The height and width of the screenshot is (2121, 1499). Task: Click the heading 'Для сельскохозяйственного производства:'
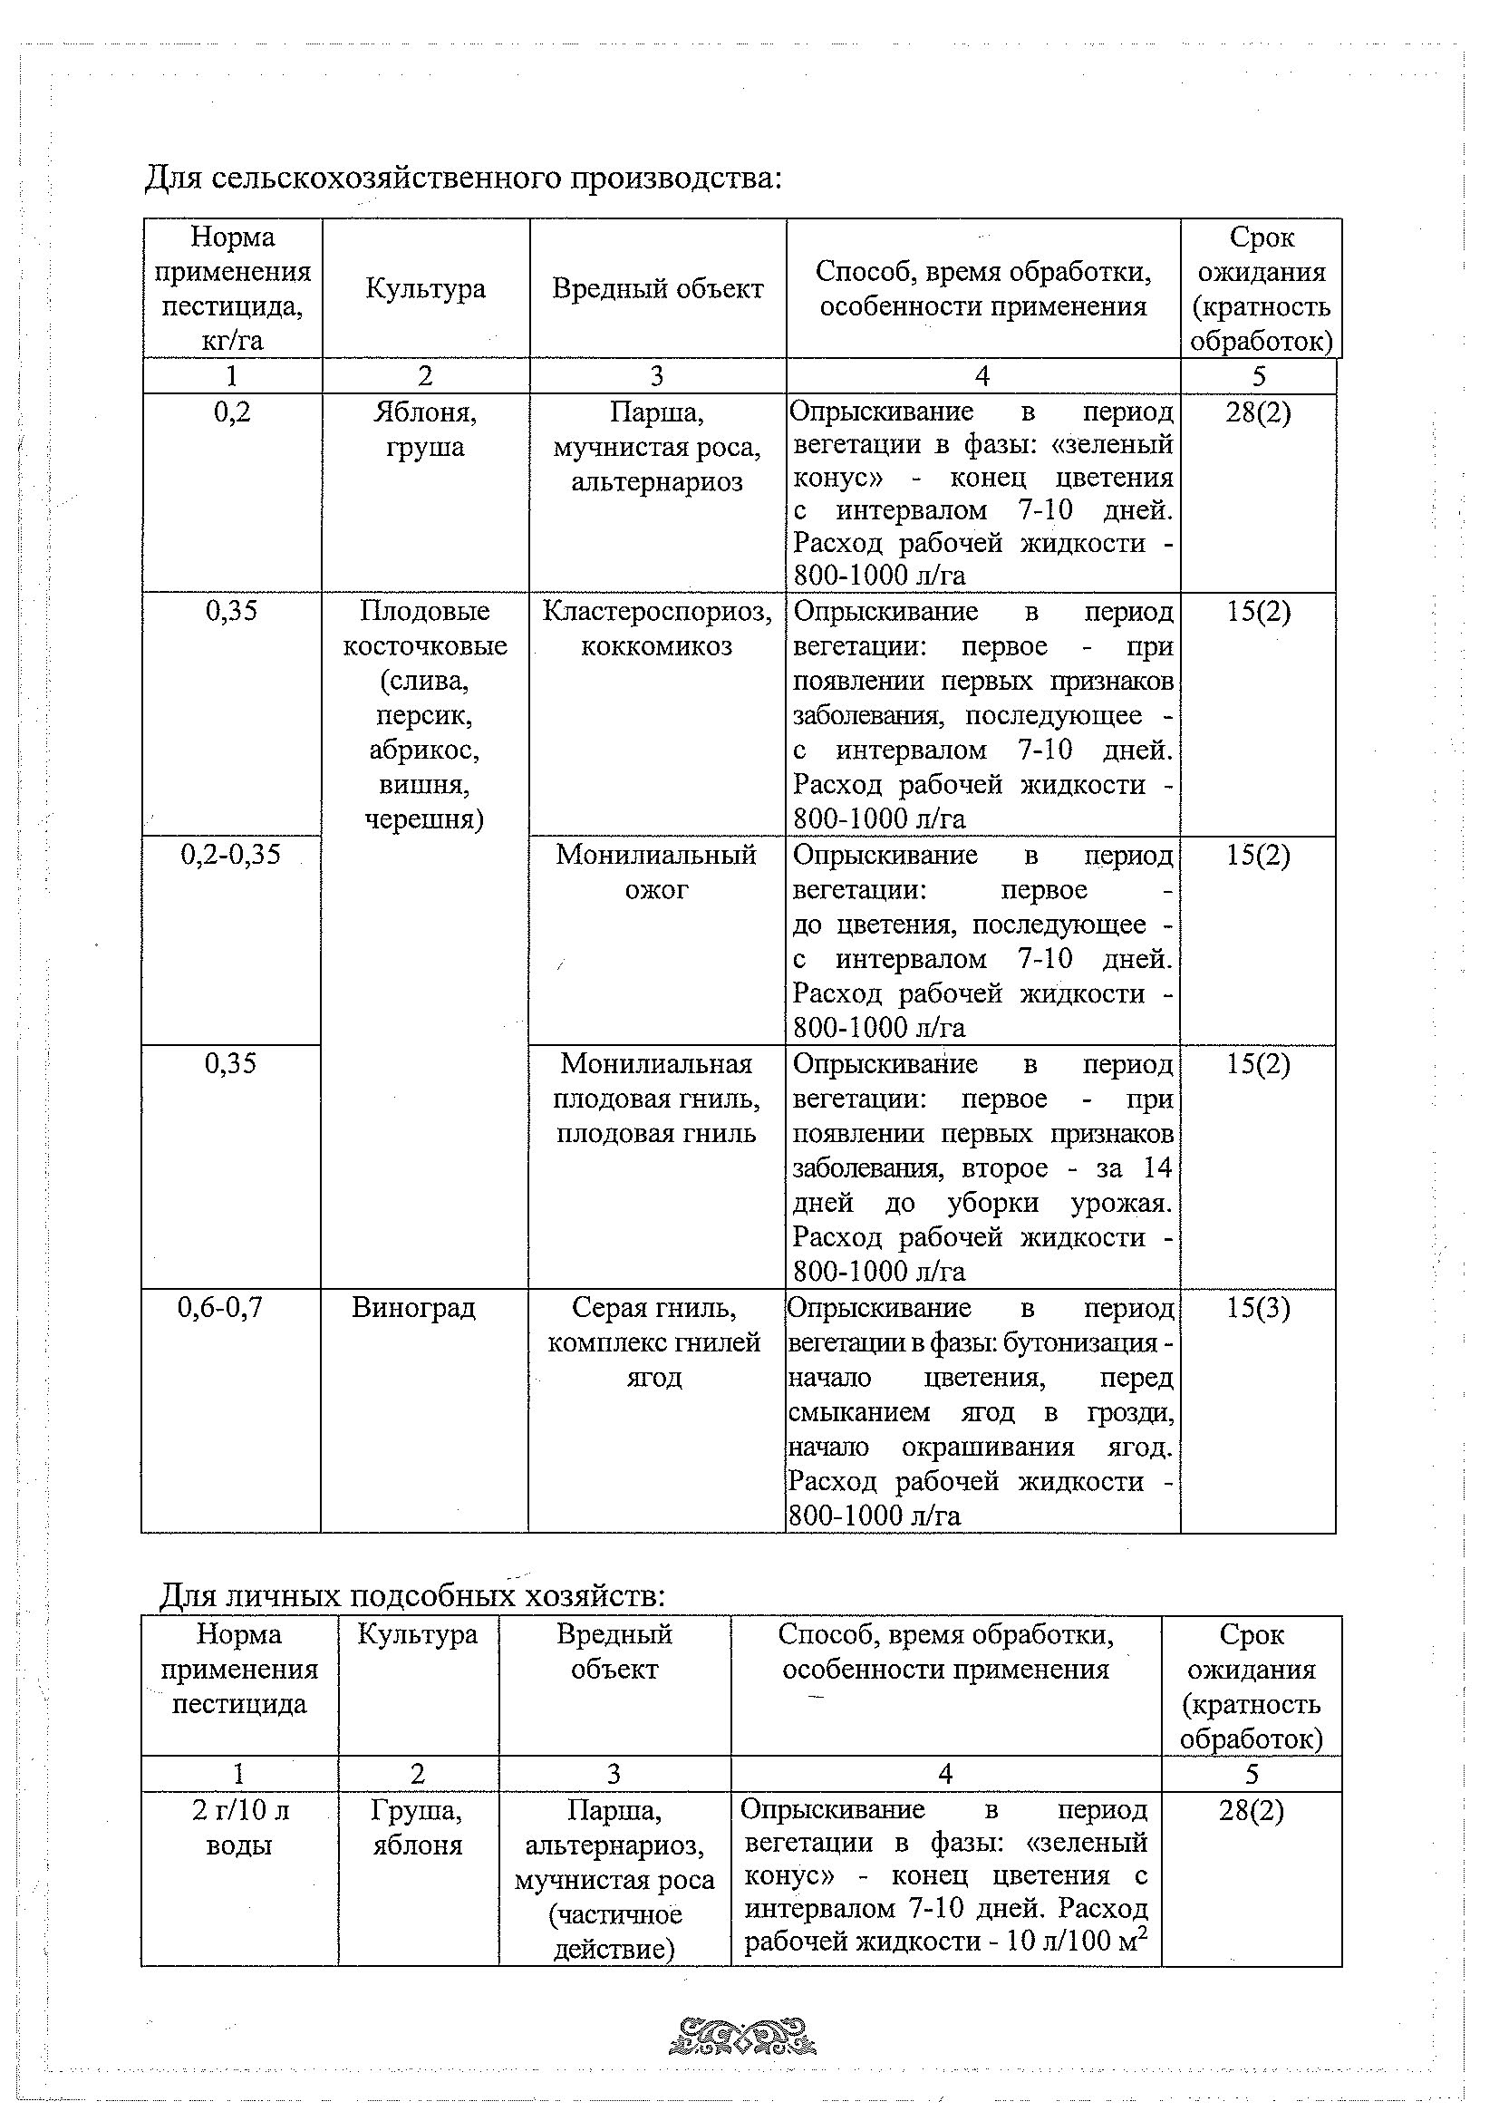coord(463,177)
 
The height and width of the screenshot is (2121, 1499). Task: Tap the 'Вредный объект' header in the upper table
coord(658,289)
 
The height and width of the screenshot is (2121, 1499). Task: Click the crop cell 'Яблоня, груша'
coord(425,430)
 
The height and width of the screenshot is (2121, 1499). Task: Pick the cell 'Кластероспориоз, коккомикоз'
coord(657,628)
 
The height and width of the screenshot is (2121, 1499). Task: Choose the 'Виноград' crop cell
coord(414,1307)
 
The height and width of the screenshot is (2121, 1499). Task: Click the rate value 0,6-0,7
coord(220,1307)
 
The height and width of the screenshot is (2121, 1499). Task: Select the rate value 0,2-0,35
coord(230,854)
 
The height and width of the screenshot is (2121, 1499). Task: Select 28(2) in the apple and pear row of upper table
coord(1258,412)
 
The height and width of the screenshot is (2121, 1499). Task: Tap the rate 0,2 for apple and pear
coord(232,412)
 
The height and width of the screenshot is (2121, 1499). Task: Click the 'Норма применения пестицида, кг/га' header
coord(233,289)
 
